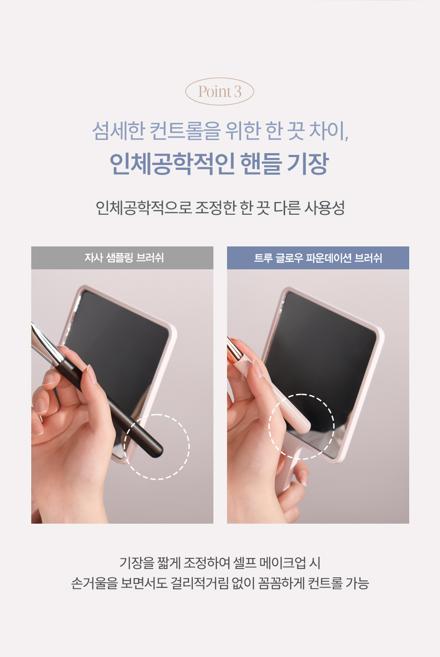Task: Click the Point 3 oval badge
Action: point(220,92)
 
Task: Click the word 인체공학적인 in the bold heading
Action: point(172,164)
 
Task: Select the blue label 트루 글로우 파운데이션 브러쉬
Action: point(318,258)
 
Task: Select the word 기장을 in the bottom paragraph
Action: point(137,563)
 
